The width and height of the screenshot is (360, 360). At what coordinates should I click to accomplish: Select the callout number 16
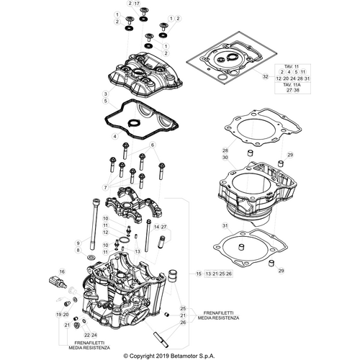coord(62,271)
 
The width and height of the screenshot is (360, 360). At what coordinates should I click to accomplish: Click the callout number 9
coord(78,244)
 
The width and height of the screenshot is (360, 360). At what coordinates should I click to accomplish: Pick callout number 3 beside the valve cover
coord(105,94)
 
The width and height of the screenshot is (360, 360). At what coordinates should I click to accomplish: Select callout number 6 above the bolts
coord(152,145)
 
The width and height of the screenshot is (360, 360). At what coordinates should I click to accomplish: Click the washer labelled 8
coord(90,257)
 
